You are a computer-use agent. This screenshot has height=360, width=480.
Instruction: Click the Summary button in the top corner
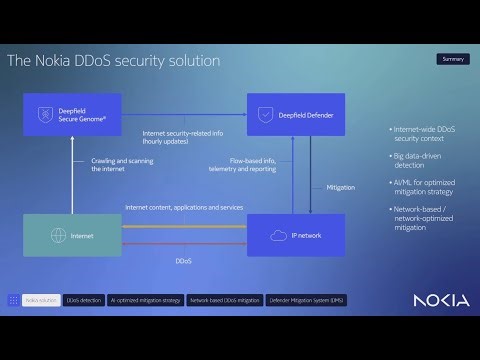click(x=453, y=59)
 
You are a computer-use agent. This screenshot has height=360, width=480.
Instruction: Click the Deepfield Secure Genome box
click(x=72, y=115)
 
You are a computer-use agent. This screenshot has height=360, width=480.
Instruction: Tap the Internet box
click(x=72, y=235)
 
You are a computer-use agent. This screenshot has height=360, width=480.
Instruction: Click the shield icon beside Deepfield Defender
click(x=263, y=115)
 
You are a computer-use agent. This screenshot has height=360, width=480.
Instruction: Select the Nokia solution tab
click(x=41, y=299)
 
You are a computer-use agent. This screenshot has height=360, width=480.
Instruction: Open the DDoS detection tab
click(x=83, y=299)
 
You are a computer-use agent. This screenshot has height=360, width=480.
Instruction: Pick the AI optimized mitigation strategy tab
click(x=145, y=299)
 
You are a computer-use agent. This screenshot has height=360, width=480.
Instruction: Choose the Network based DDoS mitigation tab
click(x=224, y=299)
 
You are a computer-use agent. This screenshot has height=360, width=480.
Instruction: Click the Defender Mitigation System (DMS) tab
click(x=306, y=299)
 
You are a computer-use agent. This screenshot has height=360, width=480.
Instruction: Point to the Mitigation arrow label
click(x=340, y=187)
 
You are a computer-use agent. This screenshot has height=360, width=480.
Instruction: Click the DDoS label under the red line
click(x=183, y=261)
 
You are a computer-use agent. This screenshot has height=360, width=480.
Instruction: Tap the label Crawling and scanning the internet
click(x=108, y=166)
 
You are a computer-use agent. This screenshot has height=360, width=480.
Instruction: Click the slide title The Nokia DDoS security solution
click(x=113, y=61)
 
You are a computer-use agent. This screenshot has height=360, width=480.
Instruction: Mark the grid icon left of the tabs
click(x=13, y=299)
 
